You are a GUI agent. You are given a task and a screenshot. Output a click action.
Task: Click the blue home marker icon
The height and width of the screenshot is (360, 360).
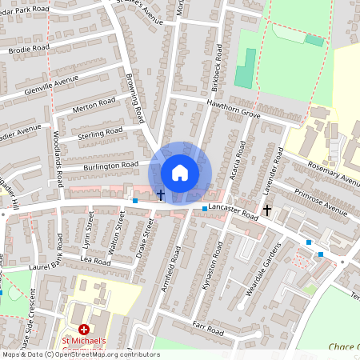point(180,172)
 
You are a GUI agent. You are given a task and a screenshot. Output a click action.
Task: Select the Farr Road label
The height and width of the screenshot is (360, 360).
point(208,328)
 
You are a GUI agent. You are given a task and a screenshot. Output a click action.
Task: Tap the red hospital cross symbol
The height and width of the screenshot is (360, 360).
point(84,330)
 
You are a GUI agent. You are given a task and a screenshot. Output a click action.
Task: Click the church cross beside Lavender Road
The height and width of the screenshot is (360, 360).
point(266,210)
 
